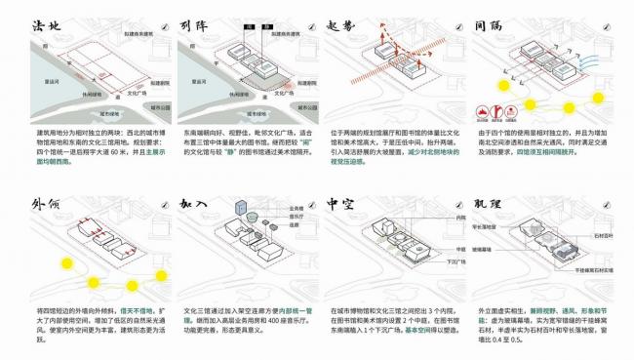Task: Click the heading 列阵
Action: tap(199, 20)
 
